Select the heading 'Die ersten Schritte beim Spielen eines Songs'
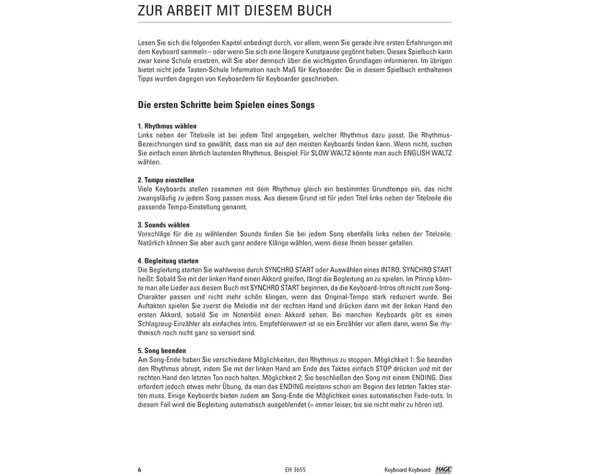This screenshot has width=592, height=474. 226,105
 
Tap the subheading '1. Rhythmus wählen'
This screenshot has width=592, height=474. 167,126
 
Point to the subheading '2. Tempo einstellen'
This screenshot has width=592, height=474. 166,180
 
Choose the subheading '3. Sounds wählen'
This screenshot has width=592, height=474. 163,225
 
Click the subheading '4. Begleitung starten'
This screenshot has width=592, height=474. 168,261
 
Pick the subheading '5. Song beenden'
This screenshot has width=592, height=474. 161,350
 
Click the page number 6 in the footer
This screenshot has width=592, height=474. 140,470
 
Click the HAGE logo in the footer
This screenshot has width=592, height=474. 443,470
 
